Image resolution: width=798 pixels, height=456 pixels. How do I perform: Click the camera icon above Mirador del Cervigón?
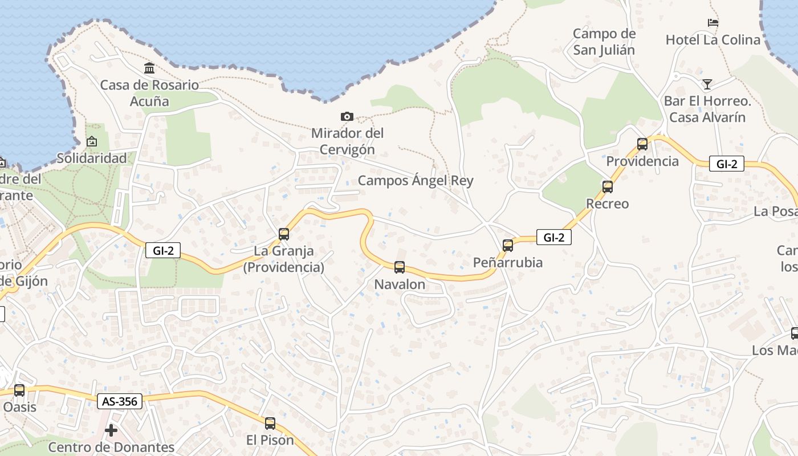tap(347, 117)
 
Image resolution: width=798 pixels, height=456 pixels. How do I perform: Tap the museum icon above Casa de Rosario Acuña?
tap(149, 68)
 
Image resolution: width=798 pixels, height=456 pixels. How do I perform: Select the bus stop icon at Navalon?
tap(400, 267)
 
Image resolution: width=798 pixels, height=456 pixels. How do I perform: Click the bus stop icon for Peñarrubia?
tap(508, 245)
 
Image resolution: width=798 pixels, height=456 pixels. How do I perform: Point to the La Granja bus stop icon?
tap(284, 234)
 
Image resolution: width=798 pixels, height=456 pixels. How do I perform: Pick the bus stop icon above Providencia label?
tap(642, 144)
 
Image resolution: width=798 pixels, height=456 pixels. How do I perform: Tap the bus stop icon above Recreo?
tap(608, 186)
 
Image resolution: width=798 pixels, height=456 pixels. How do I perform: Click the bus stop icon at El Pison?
tap(270, 424)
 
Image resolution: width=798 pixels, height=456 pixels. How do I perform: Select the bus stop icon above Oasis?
tap(19, 390)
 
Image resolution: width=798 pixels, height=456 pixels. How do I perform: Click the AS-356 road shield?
tap(119, 401)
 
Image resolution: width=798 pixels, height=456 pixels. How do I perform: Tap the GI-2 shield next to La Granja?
tap(163, 250)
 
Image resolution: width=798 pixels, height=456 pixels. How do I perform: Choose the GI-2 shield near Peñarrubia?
tap(553, 237)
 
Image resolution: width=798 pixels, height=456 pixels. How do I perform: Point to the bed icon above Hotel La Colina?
tap(713, 23)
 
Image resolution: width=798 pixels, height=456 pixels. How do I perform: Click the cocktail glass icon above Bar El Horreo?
tap(707, 84)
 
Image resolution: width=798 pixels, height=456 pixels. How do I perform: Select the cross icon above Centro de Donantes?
tap(111, 430)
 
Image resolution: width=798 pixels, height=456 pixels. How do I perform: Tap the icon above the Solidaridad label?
tap(91, 141)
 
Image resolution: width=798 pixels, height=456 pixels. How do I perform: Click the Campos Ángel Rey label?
tap(416, 181)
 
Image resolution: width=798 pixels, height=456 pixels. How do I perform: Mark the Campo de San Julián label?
tap(604, 42)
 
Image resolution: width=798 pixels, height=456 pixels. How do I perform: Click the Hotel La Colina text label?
tap(713, 40)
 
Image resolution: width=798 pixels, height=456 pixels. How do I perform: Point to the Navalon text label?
tap(400, 284)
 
